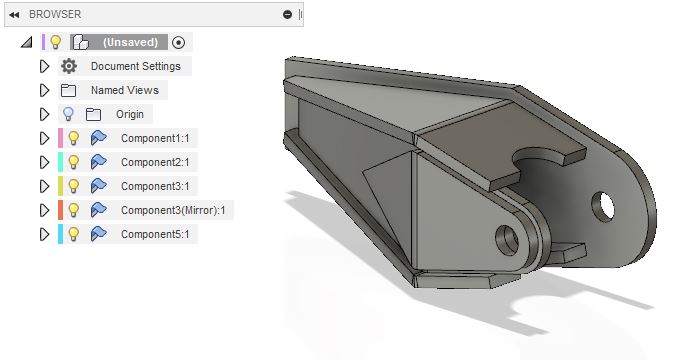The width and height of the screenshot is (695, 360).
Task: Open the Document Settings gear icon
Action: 68,66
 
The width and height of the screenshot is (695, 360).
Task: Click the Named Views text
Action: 124,90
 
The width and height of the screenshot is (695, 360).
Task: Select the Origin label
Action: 130,114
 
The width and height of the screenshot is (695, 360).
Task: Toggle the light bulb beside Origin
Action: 68,114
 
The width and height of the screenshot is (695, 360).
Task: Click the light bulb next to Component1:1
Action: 73,138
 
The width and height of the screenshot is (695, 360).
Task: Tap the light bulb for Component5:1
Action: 73,234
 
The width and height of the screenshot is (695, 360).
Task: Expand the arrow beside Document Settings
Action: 43,66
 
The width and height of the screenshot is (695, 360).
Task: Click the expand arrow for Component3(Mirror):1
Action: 43,210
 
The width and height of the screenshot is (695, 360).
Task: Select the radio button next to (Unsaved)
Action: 179,42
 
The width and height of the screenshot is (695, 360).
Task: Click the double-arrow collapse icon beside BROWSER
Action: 14,14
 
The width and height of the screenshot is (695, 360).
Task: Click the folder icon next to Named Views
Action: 68,90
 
